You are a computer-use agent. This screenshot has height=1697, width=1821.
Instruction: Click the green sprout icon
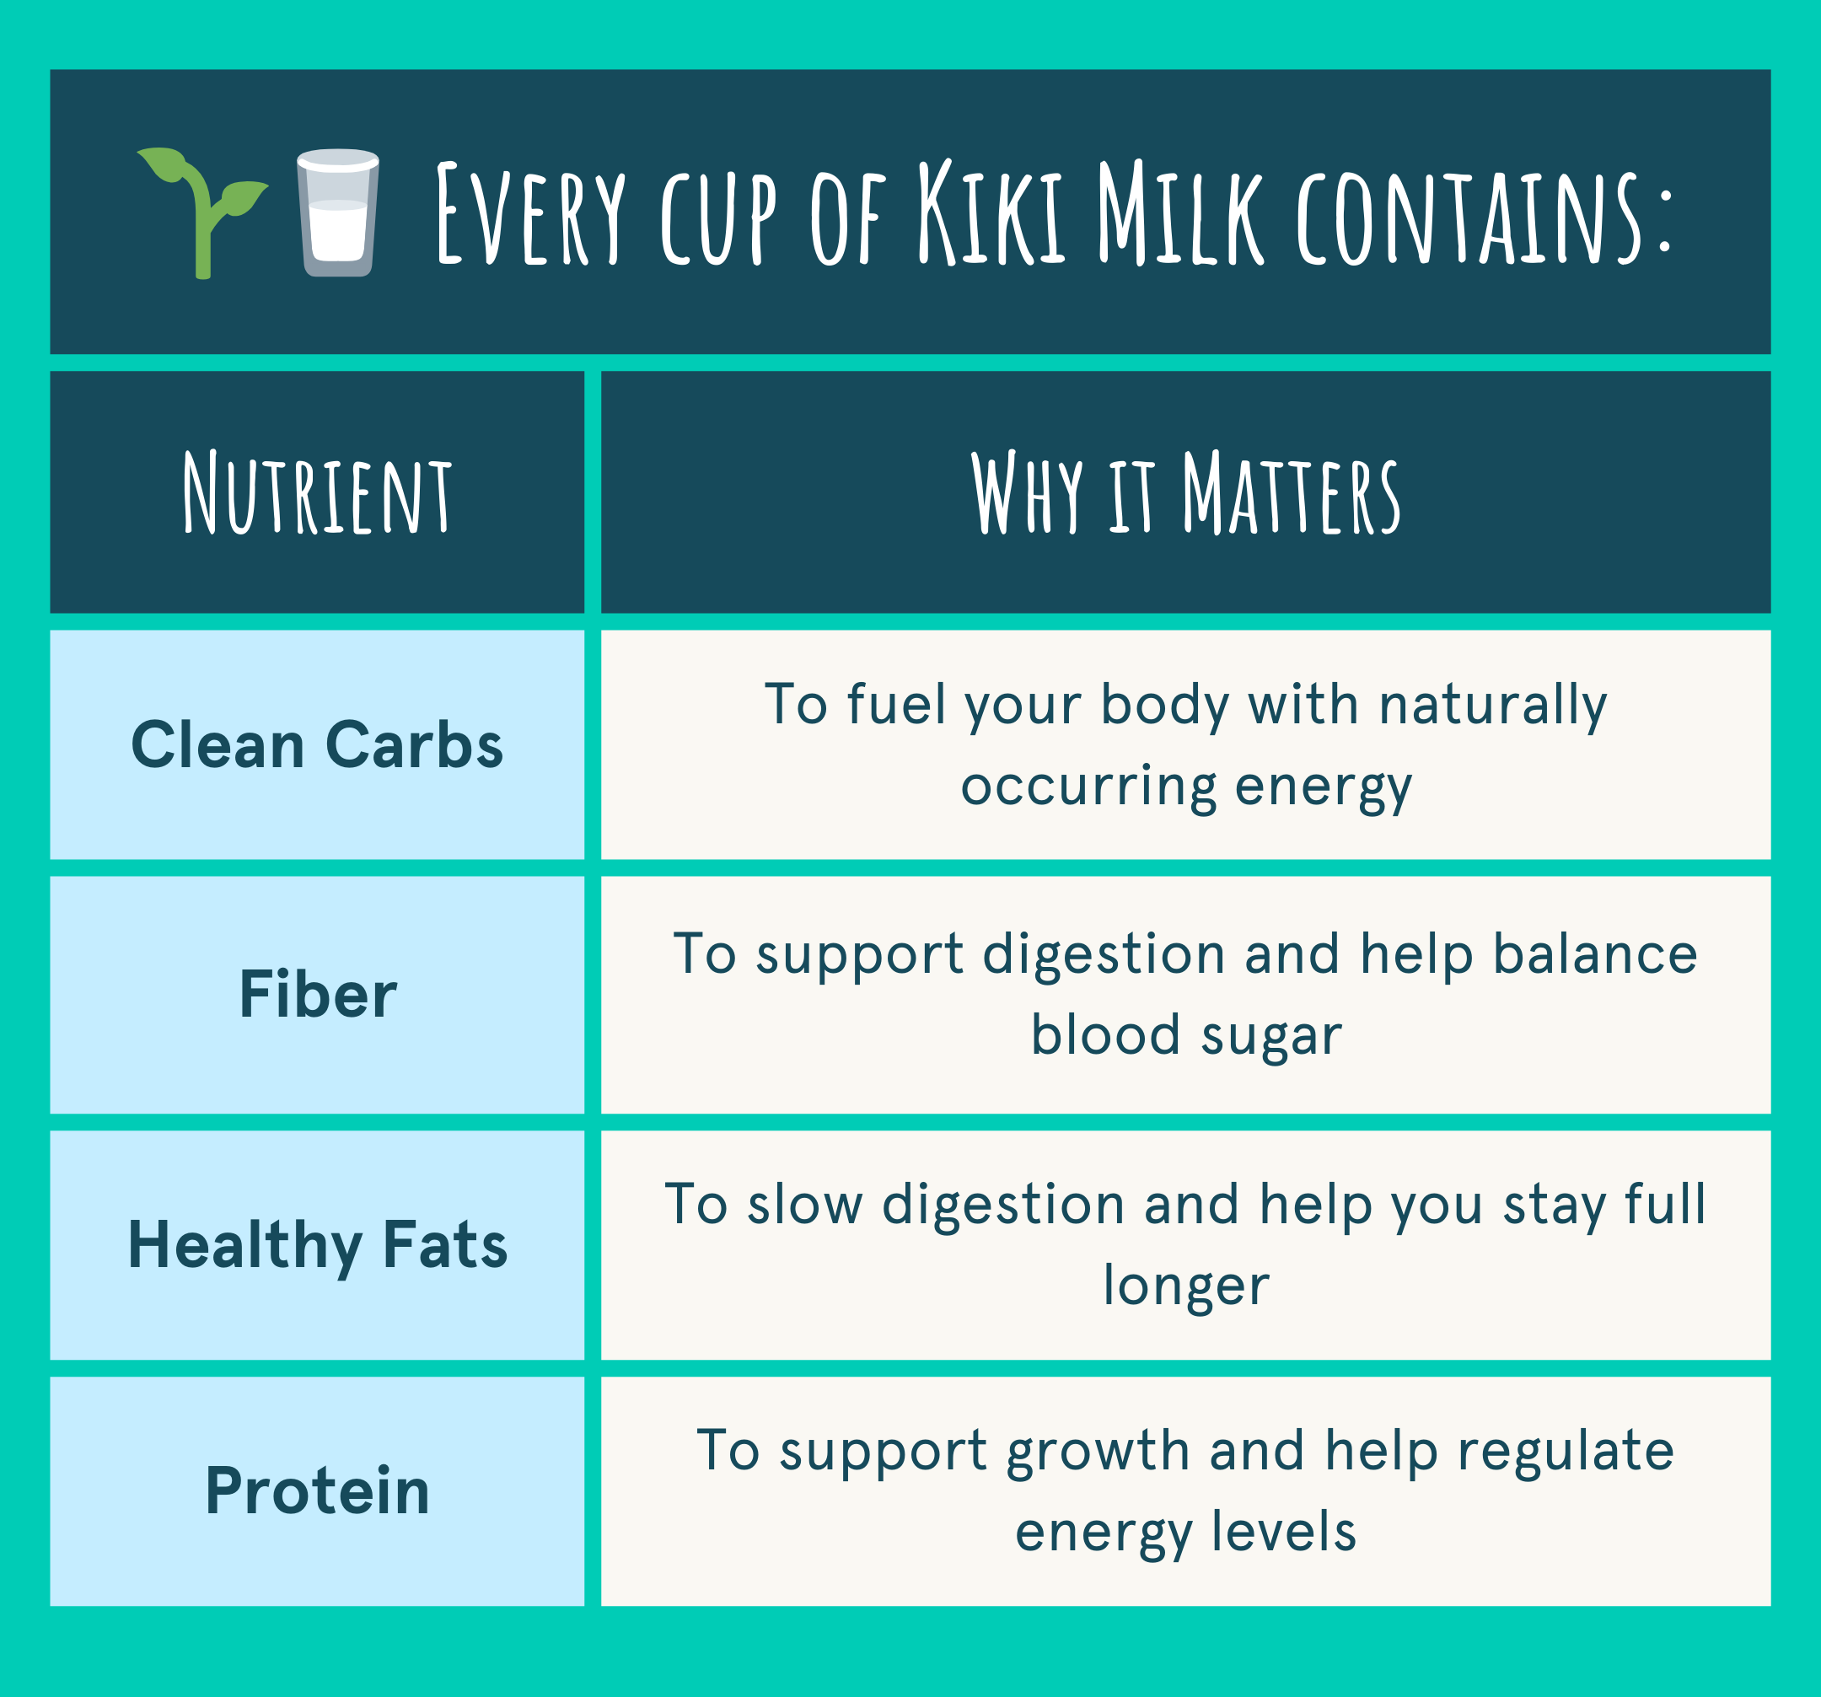coord(202,212)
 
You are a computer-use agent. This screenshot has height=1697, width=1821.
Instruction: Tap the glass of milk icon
coord(338,212)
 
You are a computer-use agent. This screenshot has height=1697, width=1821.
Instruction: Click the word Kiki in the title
coord(991,212)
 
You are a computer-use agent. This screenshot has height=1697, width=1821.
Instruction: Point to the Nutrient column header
coord(317,492)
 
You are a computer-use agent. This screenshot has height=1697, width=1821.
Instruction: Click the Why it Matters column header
coord(1185,492)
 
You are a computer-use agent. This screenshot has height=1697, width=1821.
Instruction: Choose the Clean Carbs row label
coord(317,744)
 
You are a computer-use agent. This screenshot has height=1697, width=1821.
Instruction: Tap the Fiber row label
coord(318,995)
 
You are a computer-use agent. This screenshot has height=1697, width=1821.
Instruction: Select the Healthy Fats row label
coord(317,1245)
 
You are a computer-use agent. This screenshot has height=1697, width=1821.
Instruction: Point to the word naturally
coord(1493,707)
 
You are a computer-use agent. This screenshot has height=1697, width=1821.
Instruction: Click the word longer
coord(1186,1286)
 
